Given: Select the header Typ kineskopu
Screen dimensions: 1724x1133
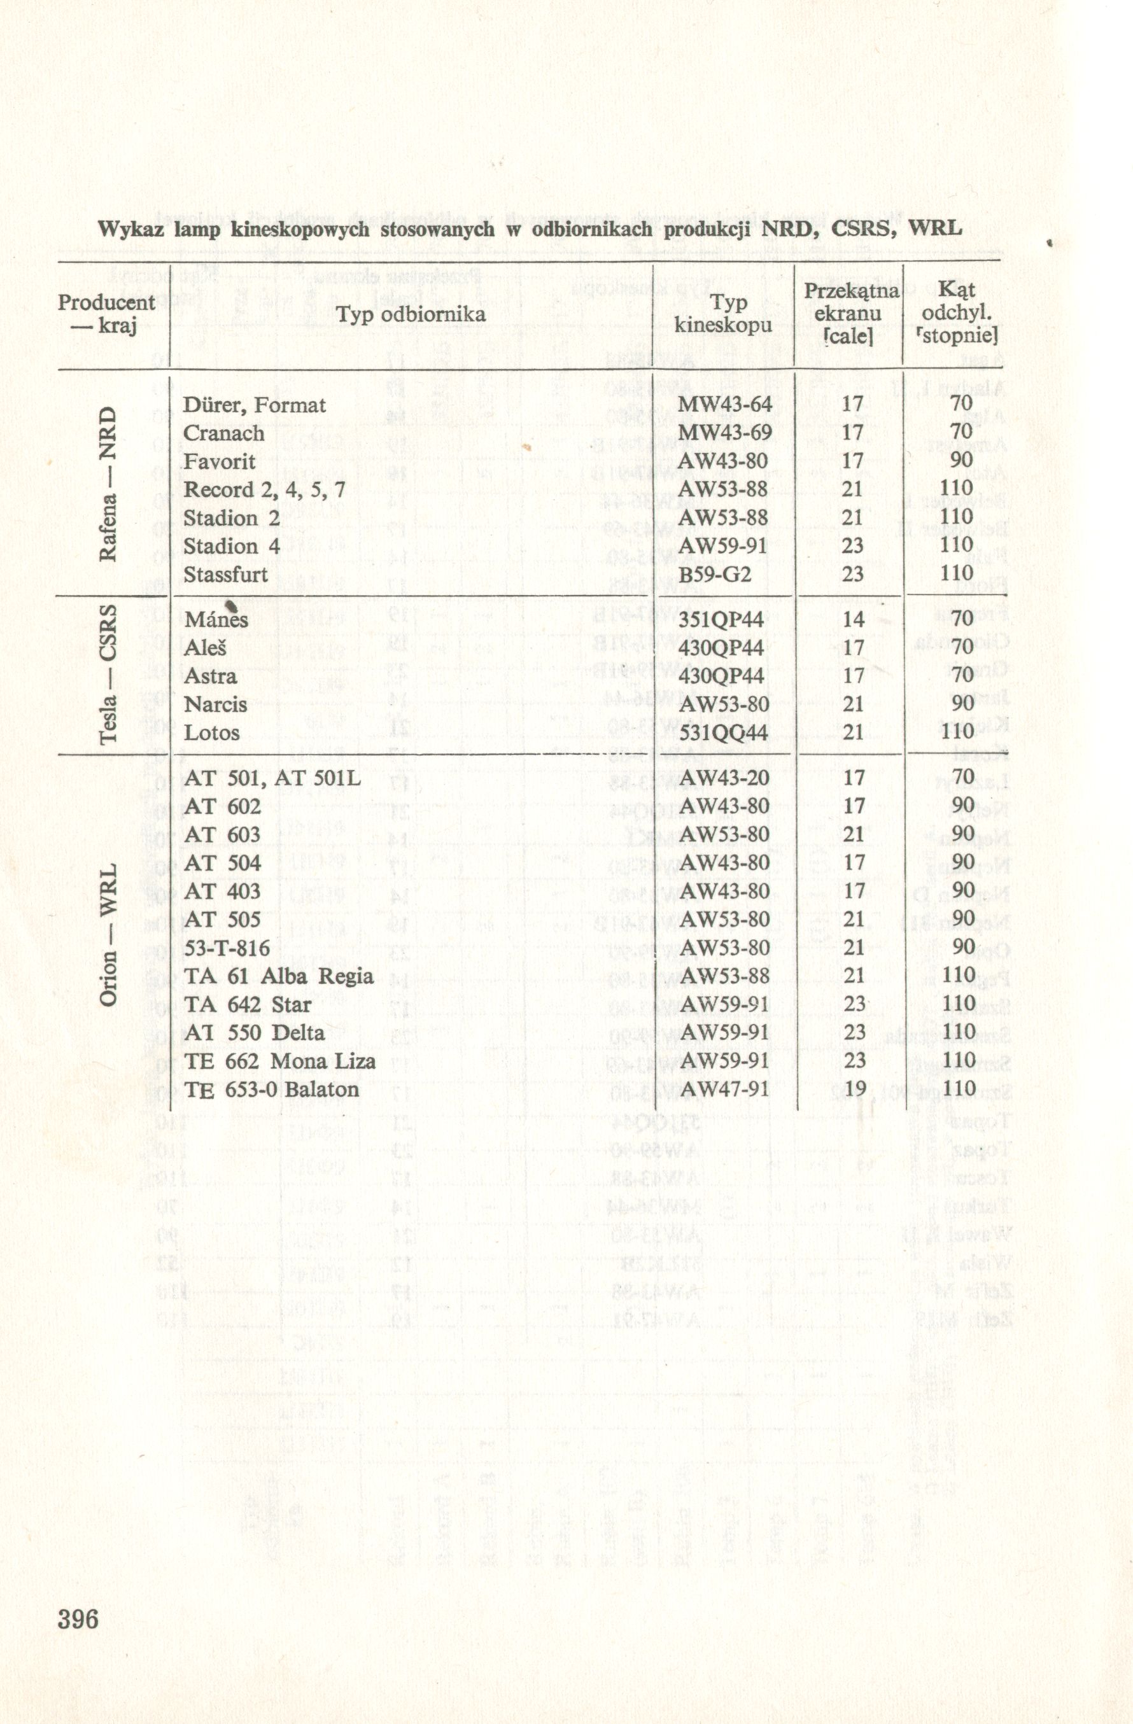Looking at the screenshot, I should click(723, 314).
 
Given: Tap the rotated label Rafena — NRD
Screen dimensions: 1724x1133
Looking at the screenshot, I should click(108, 484).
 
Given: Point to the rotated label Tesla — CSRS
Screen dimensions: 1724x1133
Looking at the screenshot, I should click(108, 674).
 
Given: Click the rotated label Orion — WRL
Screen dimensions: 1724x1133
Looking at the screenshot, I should click(108, 934).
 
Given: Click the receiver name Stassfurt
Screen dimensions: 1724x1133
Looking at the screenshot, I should click(225, 575).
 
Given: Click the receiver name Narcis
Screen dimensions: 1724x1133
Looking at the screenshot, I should click(215, 704).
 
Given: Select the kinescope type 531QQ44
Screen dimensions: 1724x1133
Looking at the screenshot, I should click(722, 732).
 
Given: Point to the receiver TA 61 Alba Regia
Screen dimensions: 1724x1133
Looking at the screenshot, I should click(279, 976).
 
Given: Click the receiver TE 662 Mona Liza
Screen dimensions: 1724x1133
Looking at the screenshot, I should click(279, 1062).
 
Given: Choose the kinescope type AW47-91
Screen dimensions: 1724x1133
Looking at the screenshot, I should click(724, 1090).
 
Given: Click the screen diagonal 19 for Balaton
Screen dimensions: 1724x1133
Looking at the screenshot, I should click(854, 1090).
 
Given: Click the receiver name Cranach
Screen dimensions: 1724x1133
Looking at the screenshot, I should click(223, 433).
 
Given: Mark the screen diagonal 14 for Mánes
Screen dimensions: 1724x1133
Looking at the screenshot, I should click(854, 620).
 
